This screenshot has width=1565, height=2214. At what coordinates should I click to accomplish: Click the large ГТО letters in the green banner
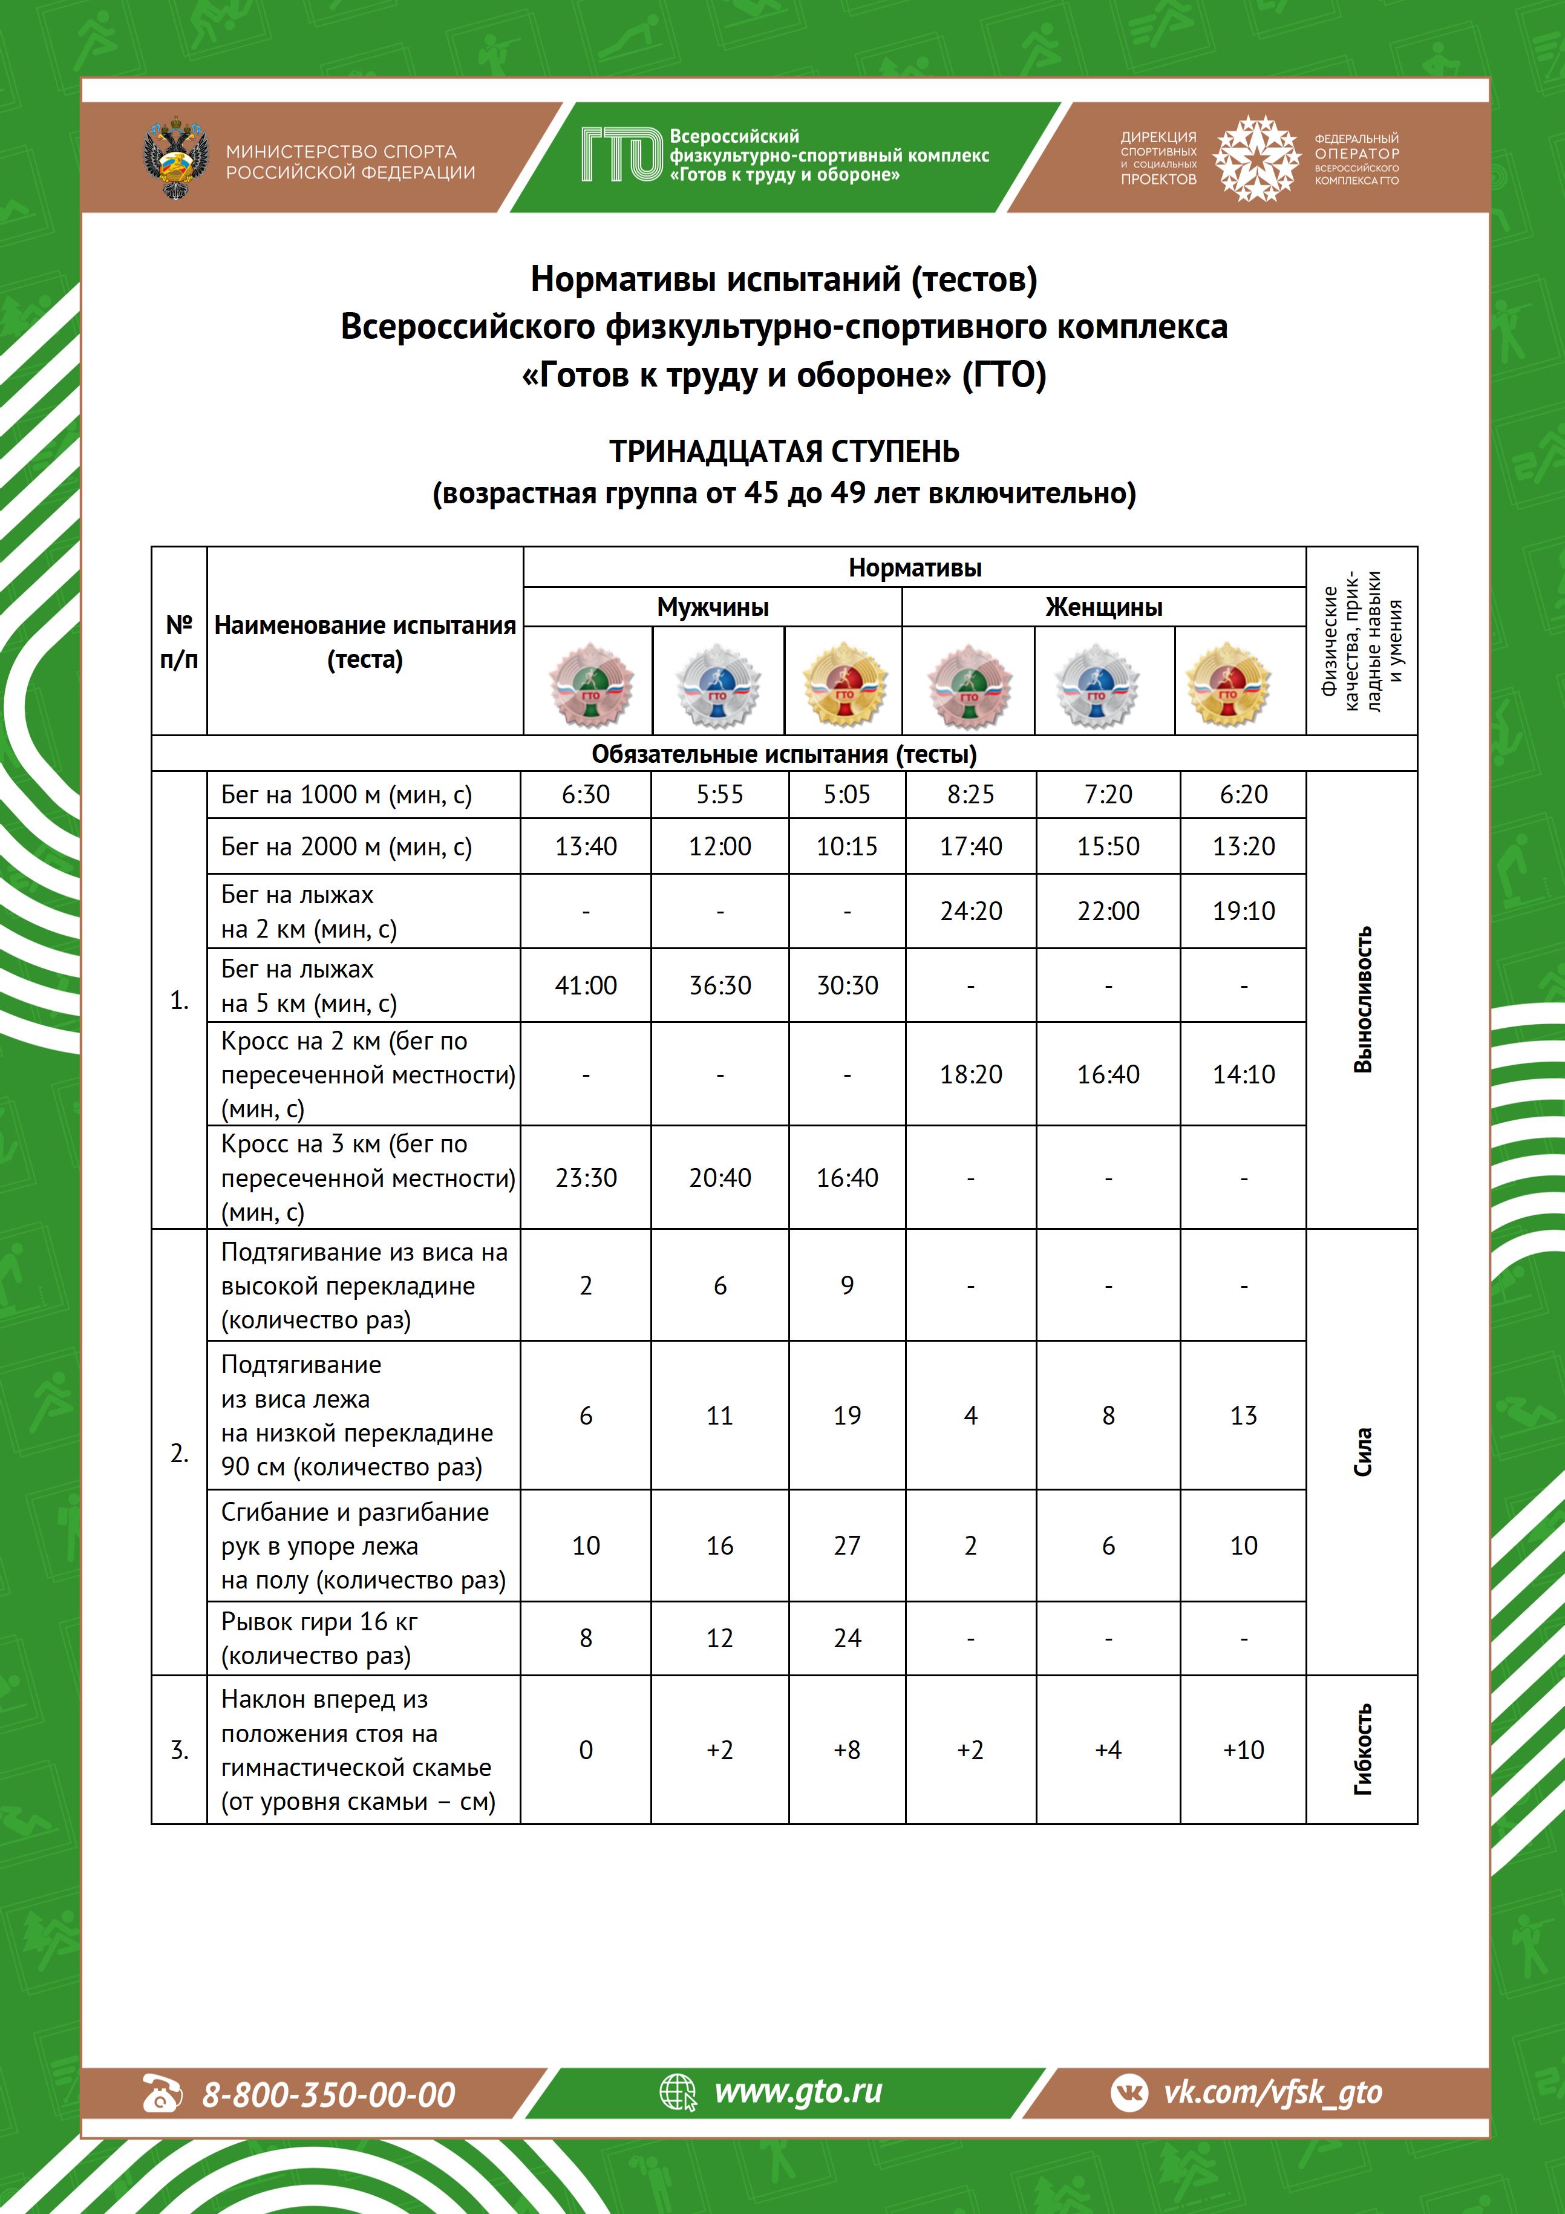pyautogui.click(x=622, y=155)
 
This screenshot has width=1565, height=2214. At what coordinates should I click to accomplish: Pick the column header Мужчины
pyautogui.click(x=713, y=607)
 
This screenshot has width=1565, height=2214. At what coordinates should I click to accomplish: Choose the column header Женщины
pyautogui.click(x=1104, y=607)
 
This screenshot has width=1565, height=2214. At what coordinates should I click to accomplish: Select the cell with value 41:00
pyautogui.click(x=586, y=985)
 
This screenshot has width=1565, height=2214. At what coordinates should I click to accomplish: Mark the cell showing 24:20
pyautogui.click(x=971, y=911)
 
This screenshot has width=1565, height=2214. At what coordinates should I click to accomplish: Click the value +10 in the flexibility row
pyautogui.click(x=1243, y=1750)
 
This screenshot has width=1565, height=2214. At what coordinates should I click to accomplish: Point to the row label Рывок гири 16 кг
pyautogui.click(x=319, y=1622)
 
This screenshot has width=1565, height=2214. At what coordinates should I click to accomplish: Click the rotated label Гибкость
pyautogui.click(x=1362, y=1749)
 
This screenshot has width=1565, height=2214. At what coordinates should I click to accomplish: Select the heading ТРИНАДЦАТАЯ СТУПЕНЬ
pyautogui.click(x=784, y=451)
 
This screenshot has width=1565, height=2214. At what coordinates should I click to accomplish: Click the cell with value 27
pyautogui.click(x=846, y=1546)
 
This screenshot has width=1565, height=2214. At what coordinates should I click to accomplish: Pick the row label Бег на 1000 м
pyautogui.click(x=346, y=795)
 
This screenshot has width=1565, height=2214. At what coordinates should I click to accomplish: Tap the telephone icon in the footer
pyautogui.click(x=162, y=2094)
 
